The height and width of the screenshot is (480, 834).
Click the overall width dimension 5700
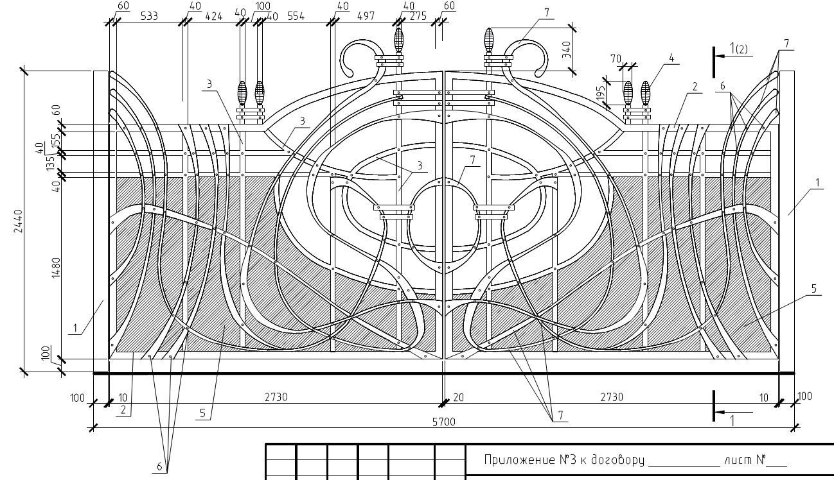point(444,422)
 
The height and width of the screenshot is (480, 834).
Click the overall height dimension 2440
point(18,221)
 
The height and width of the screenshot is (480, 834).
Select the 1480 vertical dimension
point(55,268)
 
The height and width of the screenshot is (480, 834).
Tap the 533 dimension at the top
point(149,16)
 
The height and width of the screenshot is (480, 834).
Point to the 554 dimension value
point(296,16)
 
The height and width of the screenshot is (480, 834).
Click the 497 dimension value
point(366,16)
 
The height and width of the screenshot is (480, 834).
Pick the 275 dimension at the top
point(418,16)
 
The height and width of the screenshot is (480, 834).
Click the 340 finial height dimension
point(566,49)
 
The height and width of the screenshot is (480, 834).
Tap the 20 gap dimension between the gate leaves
point(459,397)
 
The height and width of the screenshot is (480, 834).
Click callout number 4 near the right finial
point(671,58)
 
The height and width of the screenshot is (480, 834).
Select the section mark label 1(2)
point(738,49)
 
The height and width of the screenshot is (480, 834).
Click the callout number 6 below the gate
point(159,467)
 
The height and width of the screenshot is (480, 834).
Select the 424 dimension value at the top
point(214,16)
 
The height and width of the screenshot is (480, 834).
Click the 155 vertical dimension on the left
point(55,141)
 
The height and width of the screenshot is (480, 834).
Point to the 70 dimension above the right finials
point(616,59)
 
